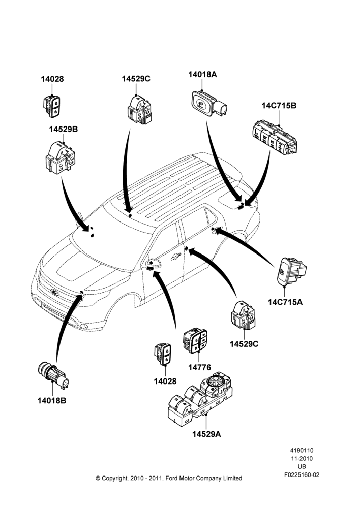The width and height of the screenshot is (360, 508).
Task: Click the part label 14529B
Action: point(64,129)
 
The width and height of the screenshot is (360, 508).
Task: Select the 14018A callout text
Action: point(202,75)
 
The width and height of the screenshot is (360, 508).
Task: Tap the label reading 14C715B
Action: point(279,106)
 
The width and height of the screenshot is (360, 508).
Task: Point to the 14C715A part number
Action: point(285,302)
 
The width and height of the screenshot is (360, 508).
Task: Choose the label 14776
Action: point(199,367)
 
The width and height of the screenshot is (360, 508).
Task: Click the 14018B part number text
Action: point(51,401)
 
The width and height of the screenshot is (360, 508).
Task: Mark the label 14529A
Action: point(206,434)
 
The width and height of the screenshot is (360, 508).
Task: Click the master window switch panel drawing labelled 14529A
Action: point(200,399)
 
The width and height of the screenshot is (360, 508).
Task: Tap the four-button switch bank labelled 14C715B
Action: point(275,137)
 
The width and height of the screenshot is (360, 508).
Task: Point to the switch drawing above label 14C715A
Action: point(291,271)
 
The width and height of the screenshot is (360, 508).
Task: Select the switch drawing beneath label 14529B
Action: point(61,157)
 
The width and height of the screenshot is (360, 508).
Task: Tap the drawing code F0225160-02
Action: point(302,475)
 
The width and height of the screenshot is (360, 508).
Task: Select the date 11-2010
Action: point(302,458)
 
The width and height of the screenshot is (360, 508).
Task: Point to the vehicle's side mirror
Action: point(154,265)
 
